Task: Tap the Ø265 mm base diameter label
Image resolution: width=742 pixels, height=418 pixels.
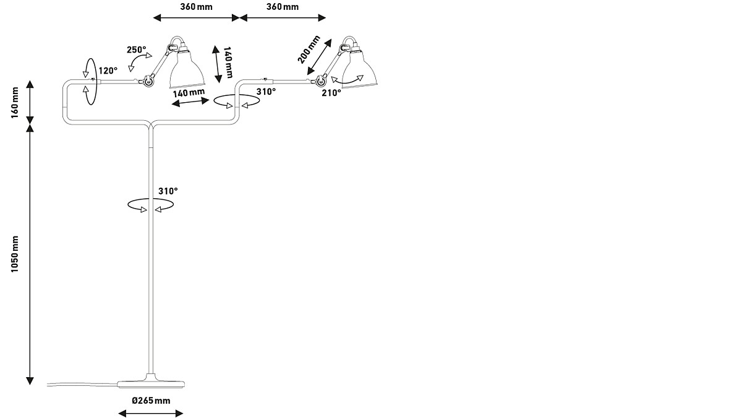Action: tap(150, 401)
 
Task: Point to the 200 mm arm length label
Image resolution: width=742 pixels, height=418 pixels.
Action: tap(309, 49)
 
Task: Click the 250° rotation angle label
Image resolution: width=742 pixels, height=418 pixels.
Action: tap(137, 50)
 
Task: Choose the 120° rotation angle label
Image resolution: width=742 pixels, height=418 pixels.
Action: tap(108, 71)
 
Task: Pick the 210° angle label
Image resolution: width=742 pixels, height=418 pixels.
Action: tap(331, 93)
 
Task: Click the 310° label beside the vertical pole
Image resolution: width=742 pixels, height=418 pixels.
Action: tap(168, 191)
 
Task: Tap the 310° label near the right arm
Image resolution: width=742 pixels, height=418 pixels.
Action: tap(266, 91)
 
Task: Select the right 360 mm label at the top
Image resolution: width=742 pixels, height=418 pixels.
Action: tap(282, 7)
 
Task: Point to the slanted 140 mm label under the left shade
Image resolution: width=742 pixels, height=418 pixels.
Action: tap(189, 94)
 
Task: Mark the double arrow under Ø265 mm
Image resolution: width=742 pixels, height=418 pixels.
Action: tap(150, 413)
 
